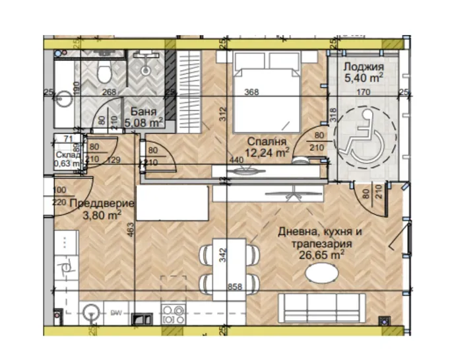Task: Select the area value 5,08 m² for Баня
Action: (x=145, y=122)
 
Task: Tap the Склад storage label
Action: (x=68, y=155)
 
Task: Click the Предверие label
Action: (x=102, y=204)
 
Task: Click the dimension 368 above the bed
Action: (x=250, y=93)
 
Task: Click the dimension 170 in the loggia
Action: (x=363, y=93)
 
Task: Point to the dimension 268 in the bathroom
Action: (x=110, y=93)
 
